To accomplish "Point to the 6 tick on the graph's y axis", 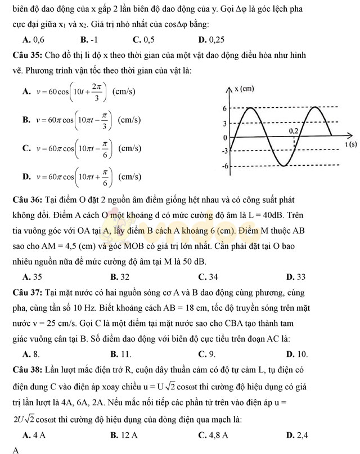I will click(224, 108).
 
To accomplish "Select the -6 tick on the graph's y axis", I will click(224, 166).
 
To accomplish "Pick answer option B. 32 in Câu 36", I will click(120, 276).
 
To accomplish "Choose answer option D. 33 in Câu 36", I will click(296, 276).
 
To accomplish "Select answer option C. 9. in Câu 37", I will click(207, 353).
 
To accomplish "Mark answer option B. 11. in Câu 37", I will click(121, 353).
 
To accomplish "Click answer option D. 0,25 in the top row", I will click(211, 39).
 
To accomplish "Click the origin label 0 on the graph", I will click(225, 137).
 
